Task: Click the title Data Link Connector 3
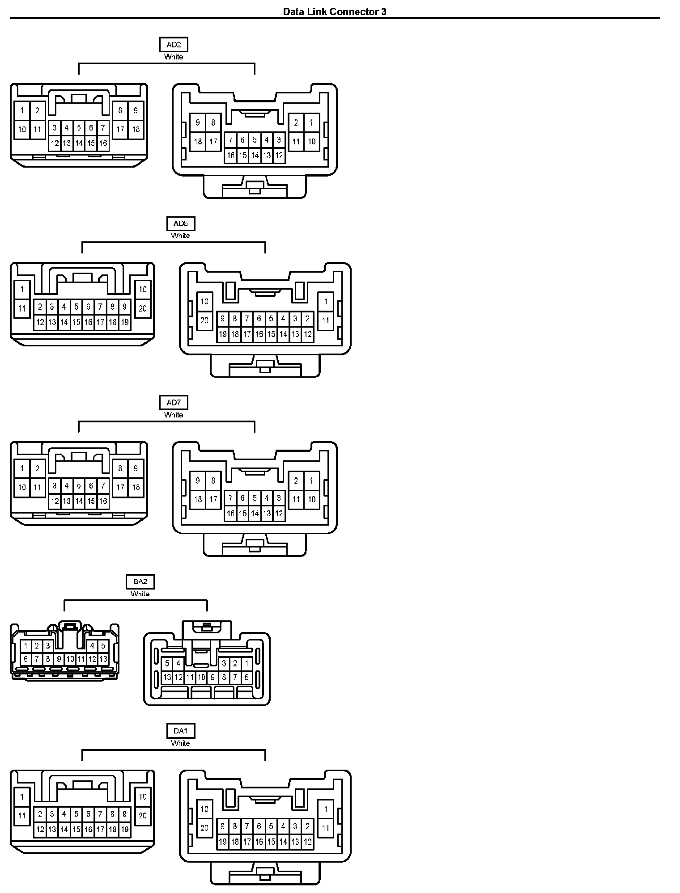335,12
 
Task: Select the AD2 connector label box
174,45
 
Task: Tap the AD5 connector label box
181,223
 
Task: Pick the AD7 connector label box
174,403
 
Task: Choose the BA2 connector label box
140,581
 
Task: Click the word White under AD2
174,57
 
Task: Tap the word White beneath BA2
140,594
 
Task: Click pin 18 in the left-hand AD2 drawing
136,130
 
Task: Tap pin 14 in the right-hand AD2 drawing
255,156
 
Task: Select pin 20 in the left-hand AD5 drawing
143,308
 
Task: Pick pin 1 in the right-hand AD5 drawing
326,301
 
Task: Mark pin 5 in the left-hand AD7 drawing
79,485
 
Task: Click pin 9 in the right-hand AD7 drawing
198,480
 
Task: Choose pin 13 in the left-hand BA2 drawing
103,659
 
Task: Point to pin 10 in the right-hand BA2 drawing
201,677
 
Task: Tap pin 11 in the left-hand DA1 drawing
22,816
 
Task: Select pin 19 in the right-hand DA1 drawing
222,842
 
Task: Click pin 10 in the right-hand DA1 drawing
204,809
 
